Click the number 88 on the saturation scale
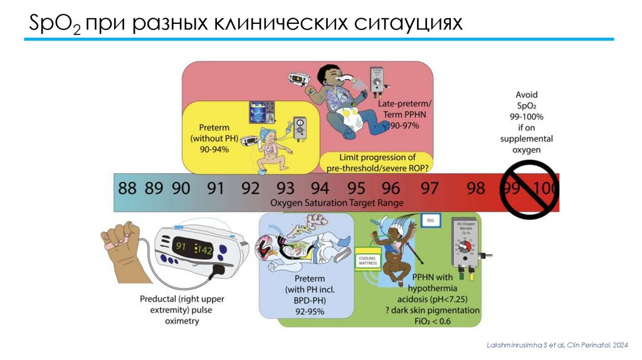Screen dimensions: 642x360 127,188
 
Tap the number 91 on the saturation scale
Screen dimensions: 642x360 215,188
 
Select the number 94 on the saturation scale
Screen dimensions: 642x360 320,188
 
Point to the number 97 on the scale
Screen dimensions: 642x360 430,188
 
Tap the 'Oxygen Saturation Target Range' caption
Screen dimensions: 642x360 337,203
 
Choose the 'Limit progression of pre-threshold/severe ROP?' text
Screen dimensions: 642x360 377,162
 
